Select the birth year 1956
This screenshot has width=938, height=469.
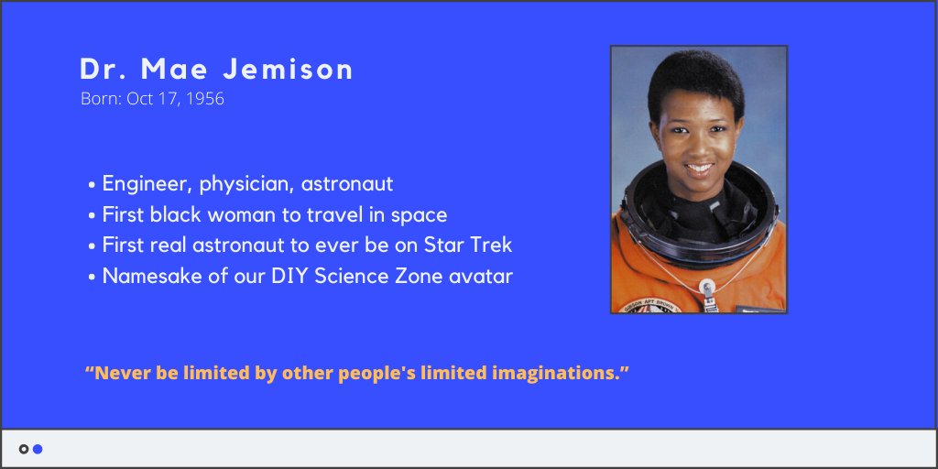(205, 99)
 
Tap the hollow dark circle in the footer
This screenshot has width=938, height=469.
(24, 449)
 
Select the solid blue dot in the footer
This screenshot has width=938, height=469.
(38, 449)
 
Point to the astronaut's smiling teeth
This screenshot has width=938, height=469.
(699, 169)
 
